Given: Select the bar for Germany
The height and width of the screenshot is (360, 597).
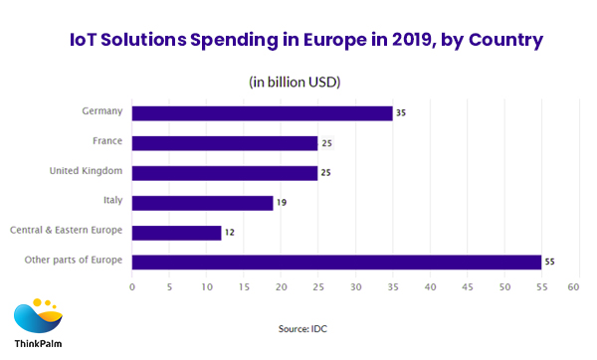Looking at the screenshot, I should (262, 113).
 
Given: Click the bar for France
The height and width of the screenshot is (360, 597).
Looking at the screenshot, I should (225, 143).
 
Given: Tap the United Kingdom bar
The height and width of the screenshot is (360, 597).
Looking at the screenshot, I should (225, 173).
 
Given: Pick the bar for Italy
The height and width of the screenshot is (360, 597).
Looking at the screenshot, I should (202, 203).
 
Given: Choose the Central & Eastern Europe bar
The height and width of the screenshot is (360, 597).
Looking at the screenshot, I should (176, 233).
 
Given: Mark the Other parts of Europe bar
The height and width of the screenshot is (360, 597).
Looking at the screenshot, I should (336, 263).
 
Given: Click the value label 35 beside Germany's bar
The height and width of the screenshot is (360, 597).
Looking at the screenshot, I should (401, 113).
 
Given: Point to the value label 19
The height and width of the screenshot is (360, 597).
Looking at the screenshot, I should (282, 203).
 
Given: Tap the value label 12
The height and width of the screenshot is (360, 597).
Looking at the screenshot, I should (230, 233).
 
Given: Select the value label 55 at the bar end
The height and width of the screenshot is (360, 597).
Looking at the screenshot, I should (550, 263).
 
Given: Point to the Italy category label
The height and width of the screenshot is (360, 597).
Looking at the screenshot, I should (112, 201).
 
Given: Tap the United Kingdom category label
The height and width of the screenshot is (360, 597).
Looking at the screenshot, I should (86, 171).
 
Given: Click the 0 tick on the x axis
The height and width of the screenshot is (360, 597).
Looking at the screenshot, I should (132, 287).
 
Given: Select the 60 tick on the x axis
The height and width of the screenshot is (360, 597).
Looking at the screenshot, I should (574, 287).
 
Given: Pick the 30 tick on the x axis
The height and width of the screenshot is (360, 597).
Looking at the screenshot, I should (353, 287).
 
